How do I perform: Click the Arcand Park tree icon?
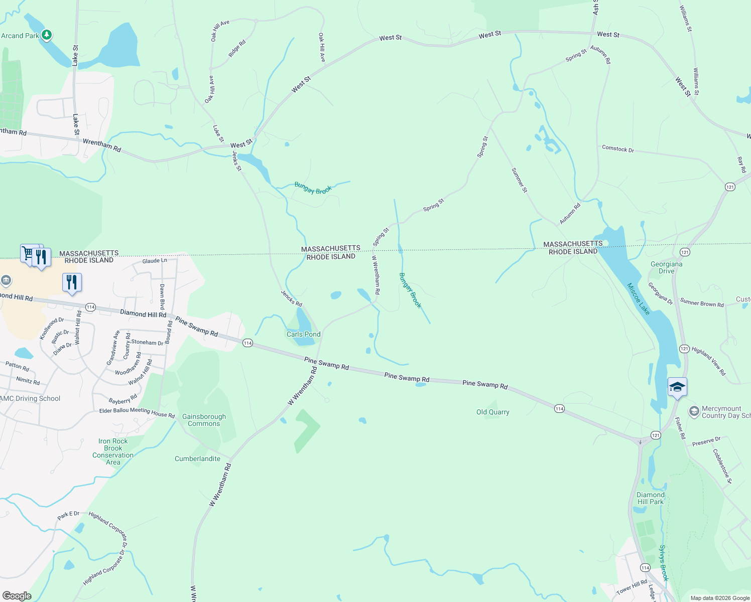point(47,35)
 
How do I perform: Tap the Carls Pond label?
point(303,334)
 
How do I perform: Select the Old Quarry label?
point(492,412)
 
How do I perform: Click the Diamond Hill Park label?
point(650,498)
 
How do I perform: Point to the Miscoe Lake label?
point(639,299)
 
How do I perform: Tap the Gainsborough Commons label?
point(204,420)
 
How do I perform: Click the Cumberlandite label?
point(197,459)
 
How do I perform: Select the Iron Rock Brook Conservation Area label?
point(113,452)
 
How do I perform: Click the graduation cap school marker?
point(677,387)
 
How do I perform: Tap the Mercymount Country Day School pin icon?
point(694,412)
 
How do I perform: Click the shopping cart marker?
point(28,253)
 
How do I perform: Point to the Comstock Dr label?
point(617,148)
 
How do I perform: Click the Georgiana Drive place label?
point(666,267)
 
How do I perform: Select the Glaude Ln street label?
point(155,261)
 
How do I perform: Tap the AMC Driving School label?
point(30,398)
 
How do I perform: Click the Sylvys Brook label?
point(664,563)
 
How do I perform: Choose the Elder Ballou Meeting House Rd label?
point(137,412)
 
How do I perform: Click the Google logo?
point(17,596)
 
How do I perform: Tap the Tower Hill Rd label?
point(632,586)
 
